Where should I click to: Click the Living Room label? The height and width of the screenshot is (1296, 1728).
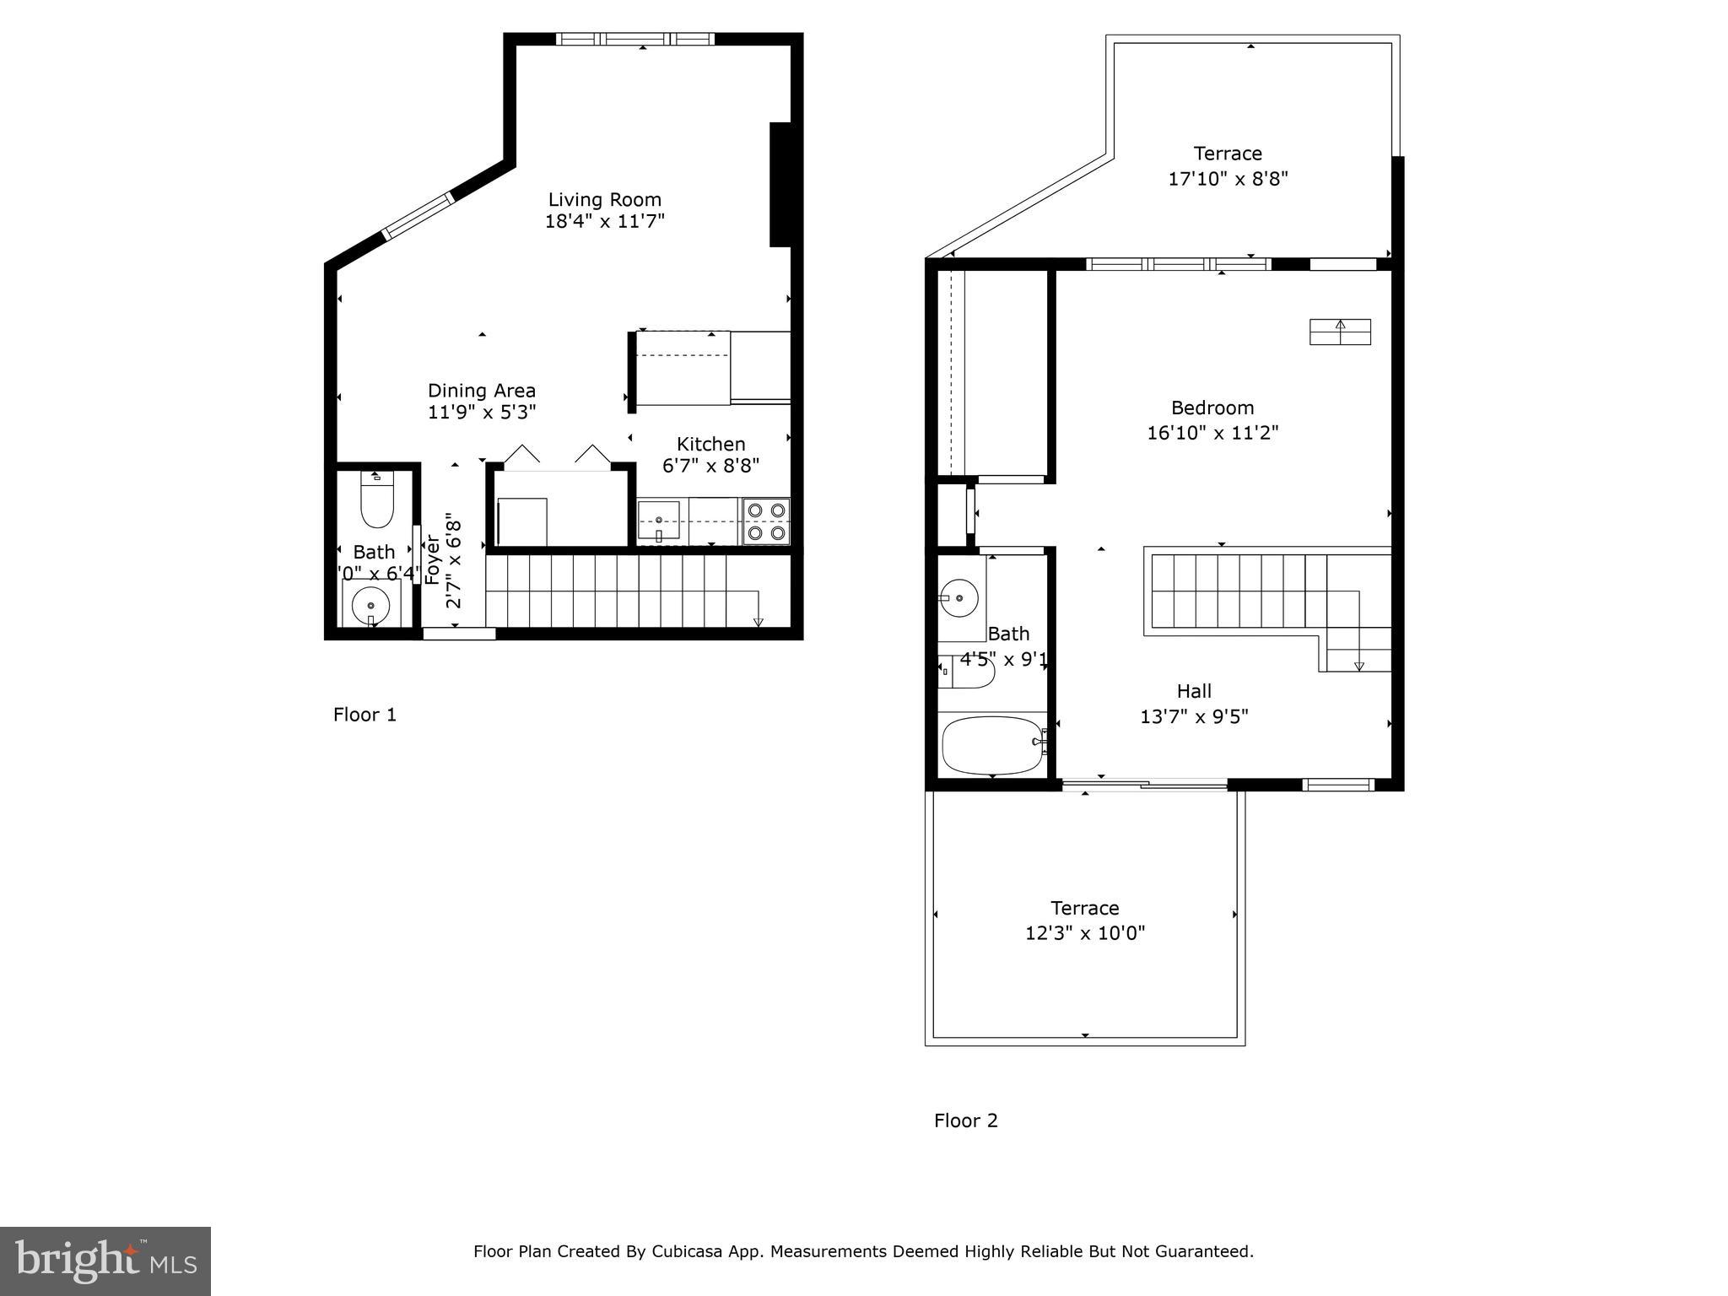point(604,200)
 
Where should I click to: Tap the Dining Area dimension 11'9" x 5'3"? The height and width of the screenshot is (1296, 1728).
point(482,413)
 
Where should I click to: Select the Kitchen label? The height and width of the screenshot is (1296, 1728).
point(710,444)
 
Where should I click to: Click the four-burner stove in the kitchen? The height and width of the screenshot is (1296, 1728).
point(766,521)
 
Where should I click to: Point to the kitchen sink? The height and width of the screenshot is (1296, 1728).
point(658,519)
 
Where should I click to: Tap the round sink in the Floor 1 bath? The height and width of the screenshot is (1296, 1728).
point(370,604)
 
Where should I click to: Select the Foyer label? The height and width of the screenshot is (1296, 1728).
point(432,559)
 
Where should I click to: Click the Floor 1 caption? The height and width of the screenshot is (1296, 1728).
point(364,715)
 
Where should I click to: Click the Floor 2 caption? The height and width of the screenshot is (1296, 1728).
point(965,1120)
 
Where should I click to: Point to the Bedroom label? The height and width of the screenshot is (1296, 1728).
point(1212,408)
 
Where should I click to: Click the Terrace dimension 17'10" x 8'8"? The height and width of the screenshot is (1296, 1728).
point(1228,179)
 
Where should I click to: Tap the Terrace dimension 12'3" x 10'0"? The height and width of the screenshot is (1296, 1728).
point(1084,933)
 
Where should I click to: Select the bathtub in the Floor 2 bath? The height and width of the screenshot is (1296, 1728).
point(992,745)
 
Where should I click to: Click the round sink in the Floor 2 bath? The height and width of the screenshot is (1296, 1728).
point(959,597)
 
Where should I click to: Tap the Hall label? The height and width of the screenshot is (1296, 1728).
point(1194,691)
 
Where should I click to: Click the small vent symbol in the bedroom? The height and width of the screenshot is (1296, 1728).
point(1339,332)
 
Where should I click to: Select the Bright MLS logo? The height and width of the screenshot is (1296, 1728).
point(105,1261)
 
